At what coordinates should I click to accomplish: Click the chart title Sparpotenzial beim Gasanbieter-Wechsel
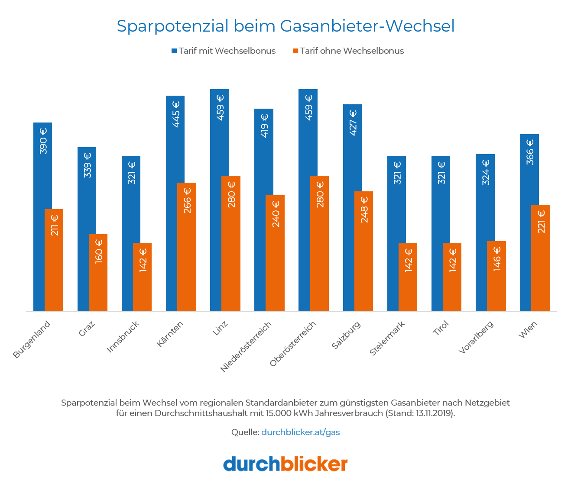285,26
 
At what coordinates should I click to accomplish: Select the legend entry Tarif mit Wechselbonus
224,51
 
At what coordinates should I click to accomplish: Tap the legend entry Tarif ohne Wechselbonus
348,51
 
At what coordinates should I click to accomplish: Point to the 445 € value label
176,114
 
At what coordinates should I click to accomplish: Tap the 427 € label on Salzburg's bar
353,123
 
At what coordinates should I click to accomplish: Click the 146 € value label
497,259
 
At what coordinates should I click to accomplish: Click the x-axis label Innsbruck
123,337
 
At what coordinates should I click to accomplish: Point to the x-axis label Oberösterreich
293,344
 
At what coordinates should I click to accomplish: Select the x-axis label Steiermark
387,339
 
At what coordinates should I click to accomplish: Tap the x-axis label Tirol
441,329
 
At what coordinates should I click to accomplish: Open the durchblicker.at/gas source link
300,432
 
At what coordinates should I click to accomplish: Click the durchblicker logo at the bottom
285,464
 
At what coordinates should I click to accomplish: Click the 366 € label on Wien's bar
530,152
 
